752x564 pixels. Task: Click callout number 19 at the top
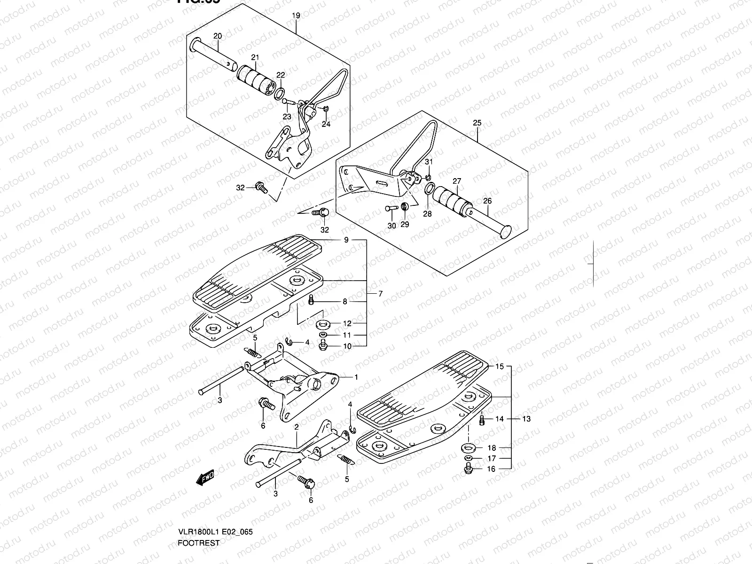296,16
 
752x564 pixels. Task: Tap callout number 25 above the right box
477,123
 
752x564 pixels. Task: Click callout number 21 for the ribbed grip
255,58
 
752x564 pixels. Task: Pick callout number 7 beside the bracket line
380,294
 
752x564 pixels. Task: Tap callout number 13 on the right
526,419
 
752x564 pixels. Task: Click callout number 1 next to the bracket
356,377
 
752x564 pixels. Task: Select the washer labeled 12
323,324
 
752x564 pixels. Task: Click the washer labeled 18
468,447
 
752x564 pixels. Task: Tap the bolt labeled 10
323,346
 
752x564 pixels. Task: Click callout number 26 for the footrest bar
487,201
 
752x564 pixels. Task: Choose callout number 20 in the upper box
217,36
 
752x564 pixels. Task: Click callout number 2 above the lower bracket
297,427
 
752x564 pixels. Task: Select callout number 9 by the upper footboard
346,240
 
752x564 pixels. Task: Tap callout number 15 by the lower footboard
499,366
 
